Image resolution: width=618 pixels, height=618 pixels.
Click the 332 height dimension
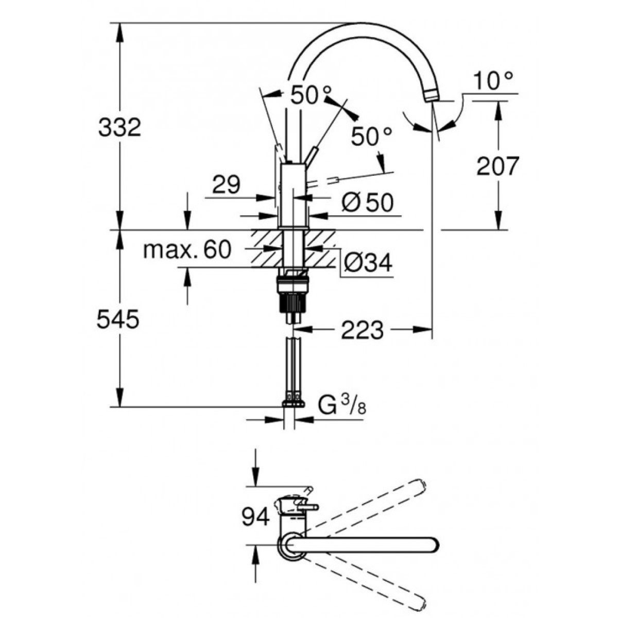tap(119, 127)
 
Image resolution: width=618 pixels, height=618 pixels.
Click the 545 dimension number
tap(118, 319)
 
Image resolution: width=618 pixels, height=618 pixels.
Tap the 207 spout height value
tap(497, 166)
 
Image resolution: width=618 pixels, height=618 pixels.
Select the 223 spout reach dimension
tap(363, 330)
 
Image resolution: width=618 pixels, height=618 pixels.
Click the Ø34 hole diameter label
tap(368, 263)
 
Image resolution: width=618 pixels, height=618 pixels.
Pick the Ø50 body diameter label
tap(368, 203)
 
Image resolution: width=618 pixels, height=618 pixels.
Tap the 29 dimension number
tap(227, 184)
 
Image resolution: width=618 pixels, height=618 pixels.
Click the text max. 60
tap(187, 250)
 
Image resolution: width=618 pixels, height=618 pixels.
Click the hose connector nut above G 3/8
tap(294, 403)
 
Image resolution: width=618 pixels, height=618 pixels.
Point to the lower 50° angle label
tap(371, 137)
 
